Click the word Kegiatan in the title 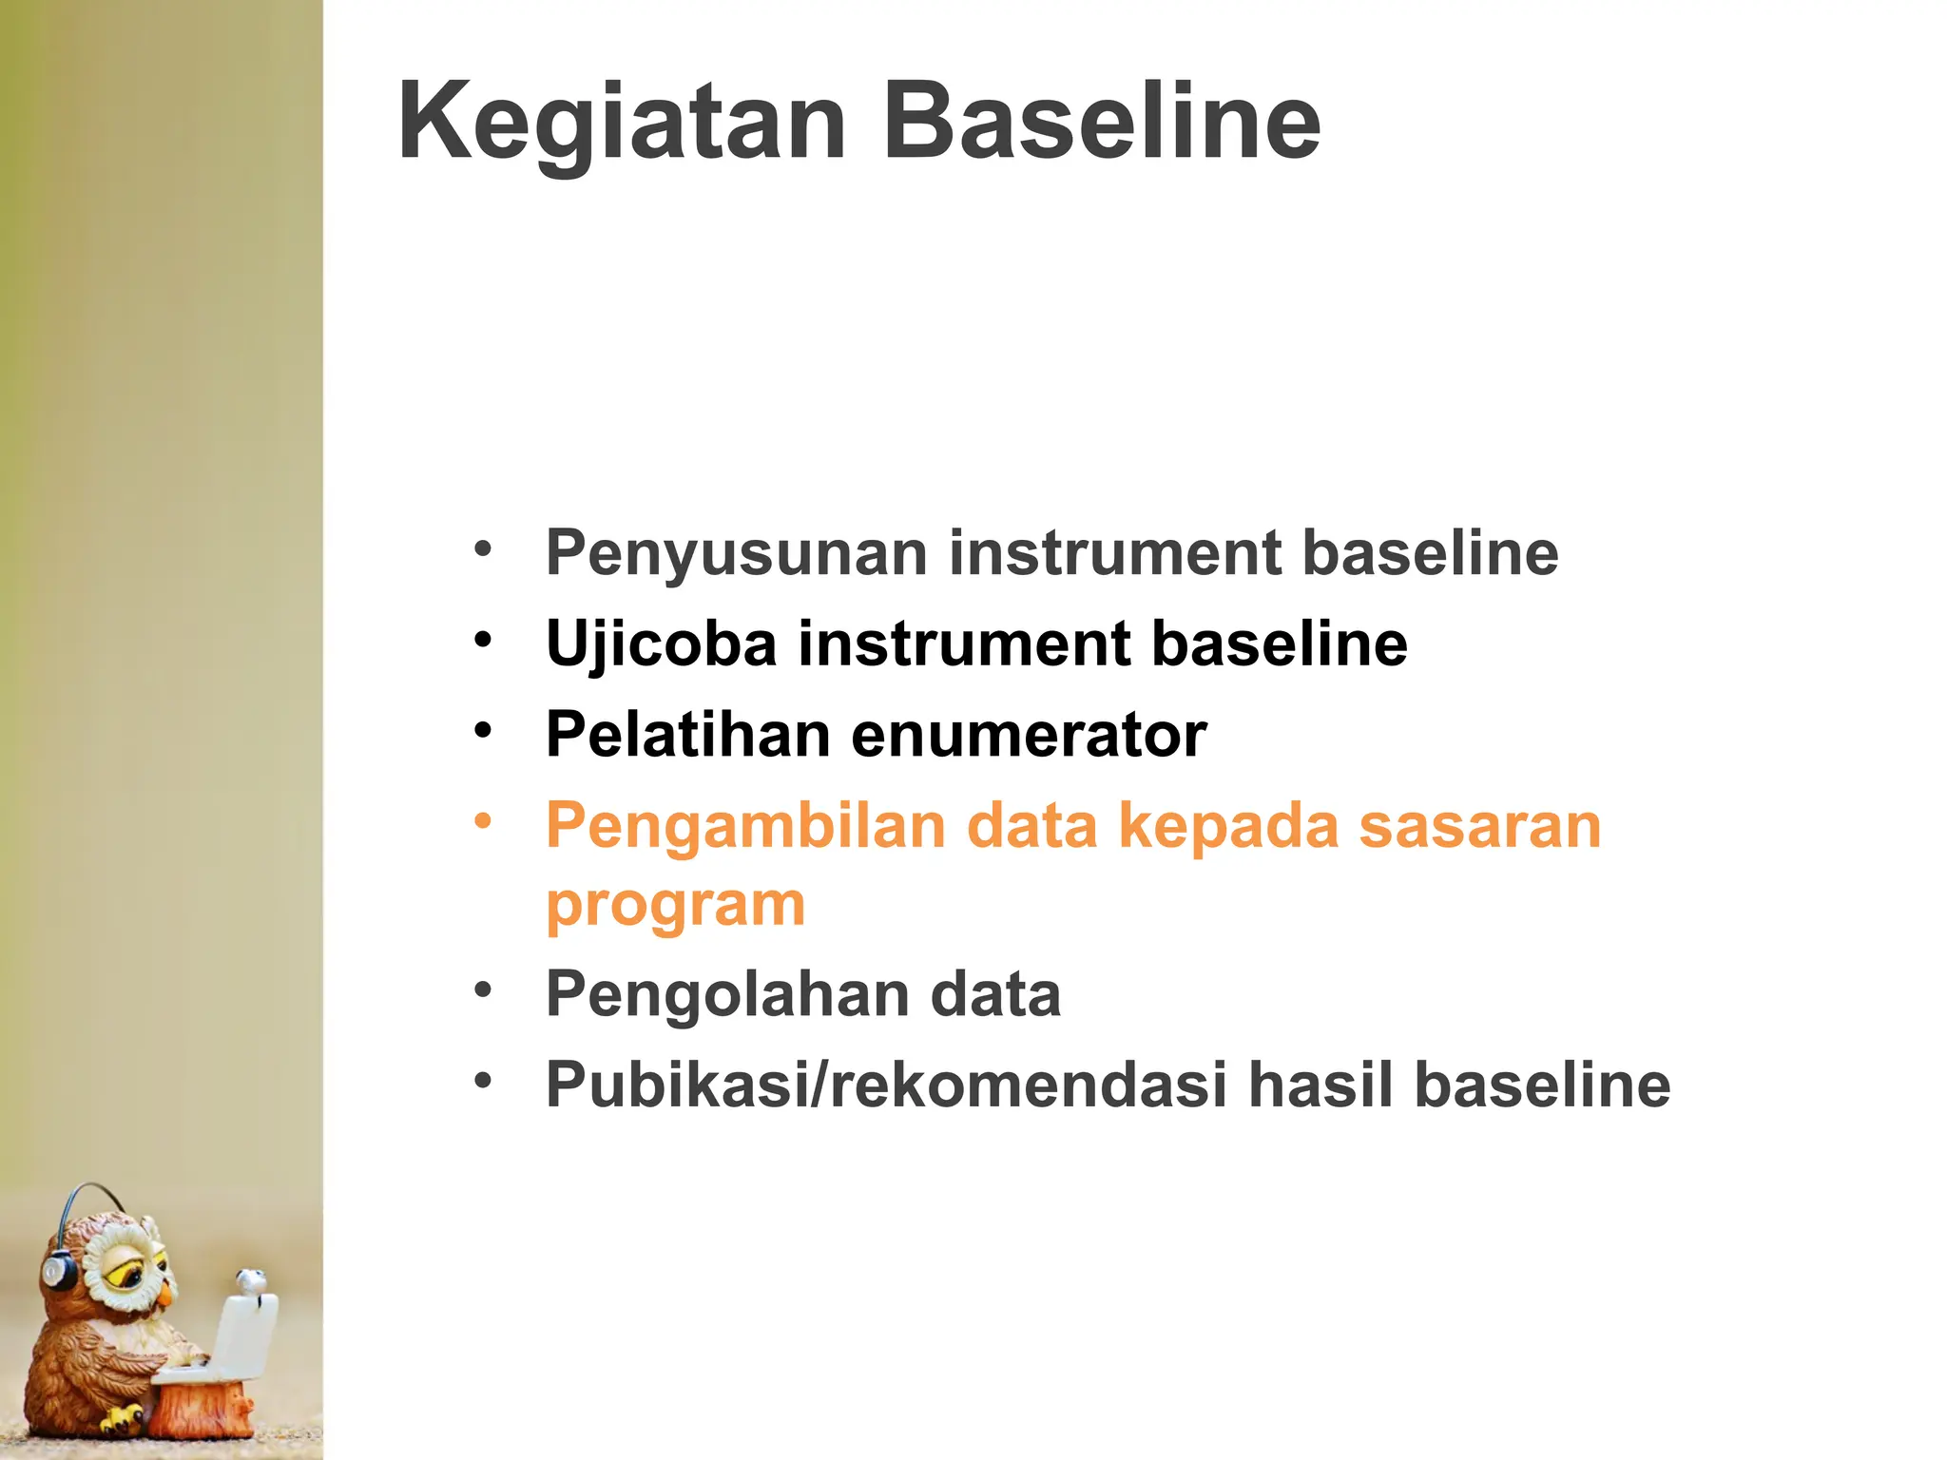coord(622,124)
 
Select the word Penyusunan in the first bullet coord(736,553)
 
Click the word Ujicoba coord(662,644)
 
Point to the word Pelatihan coord(688,735)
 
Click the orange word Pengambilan coord(745,825)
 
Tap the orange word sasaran coord(1479,825)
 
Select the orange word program coord(675,905)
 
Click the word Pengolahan coord(726,994)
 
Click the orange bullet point coord(483,819)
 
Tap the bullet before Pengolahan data coord(483,989)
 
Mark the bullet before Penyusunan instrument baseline coord(483,548)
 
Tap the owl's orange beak coord(166,1294)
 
